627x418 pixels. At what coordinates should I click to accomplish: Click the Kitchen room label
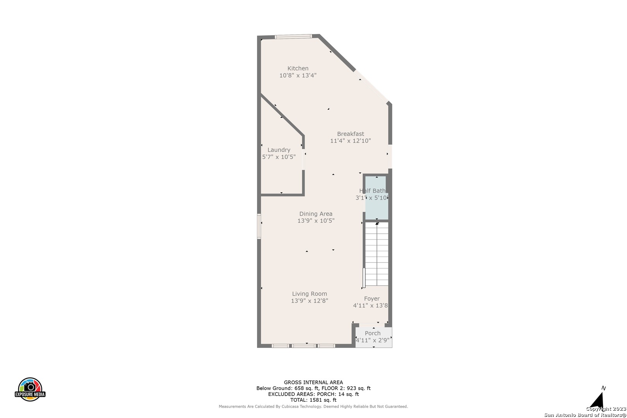tap(298, 69)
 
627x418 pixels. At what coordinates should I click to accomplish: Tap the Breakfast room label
tap(350, 134)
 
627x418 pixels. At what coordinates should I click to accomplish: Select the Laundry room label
tap(279, 150)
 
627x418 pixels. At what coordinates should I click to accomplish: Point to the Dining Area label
tap(316, 214)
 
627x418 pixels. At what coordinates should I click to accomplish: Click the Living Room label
tap(309, 294)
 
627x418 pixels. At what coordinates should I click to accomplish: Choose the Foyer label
tap(372, 299)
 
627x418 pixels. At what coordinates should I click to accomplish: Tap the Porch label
tap(373, 333)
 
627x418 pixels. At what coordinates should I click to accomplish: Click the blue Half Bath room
tap(377, 198)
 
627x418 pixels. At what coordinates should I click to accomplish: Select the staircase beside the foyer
tap(377, 254)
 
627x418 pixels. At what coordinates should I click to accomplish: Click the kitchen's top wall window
tap(293, 36)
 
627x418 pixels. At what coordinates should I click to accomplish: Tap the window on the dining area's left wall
tap(259, 226)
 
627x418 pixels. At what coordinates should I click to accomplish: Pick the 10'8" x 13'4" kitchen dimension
tap(298, 75)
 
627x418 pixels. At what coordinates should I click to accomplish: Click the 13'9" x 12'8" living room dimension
tap(309, 301)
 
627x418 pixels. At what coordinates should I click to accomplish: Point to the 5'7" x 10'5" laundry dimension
tap(279, 157)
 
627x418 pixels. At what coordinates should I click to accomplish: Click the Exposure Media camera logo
tap(30, 389)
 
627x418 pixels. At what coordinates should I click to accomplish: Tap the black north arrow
tap(597, 401)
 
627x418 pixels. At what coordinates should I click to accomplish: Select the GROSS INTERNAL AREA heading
tap(313, 382)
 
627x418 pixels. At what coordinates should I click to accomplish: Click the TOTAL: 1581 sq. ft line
tap(313, 400)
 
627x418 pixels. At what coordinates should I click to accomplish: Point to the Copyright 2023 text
tap(606, 409)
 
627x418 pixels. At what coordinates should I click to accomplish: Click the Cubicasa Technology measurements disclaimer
tap(313, 406)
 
